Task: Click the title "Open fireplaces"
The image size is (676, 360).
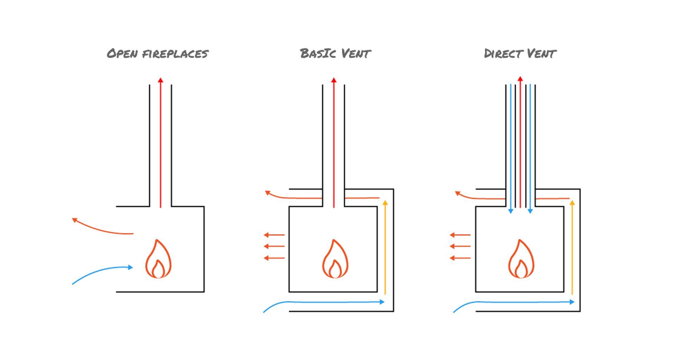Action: (x=158, y=53)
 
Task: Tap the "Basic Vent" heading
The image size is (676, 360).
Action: (x=335, y=53)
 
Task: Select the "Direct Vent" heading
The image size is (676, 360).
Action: (x=520, y=53)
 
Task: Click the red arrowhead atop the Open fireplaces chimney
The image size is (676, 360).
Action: (x=161, y=80)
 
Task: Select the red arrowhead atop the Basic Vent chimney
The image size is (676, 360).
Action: (x=334, y=80)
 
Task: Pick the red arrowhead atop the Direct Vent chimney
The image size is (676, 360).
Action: (x=520, y=78)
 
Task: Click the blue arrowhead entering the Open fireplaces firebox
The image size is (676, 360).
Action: (x=131, y=267)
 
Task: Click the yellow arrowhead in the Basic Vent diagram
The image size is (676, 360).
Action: (x=385, y=203)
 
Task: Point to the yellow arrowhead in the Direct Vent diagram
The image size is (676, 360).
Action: (x=572, y=203)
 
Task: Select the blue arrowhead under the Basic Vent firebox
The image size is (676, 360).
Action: (x=382, y=302)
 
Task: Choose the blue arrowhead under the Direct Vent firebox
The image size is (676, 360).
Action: (x=572, y=302)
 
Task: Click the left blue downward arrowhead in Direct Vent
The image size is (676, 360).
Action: (x=511, y=211)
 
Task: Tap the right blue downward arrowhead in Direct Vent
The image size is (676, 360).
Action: (x=530, y=211)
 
